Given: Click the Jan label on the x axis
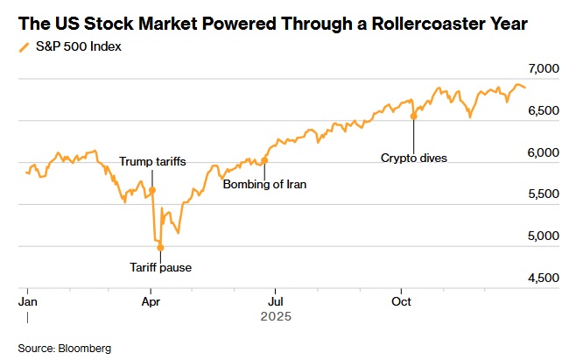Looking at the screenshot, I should pyautogui.click(x=28, y=301).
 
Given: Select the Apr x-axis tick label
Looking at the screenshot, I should pyautogui.click(x=151, y=301).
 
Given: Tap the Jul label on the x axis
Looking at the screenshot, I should pyautogui.click(x=275, y=301).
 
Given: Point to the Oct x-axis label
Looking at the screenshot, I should pyautogui.click(x=401, y=301).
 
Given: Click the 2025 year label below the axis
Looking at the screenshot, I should pyautogui.click(x=275, y=315).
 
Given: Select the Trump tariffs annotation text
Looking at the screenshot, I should pyautogui.click(x=152, y=162).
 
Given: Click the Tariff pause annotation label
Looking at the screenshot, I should pyautogui.click(x=161, y=267).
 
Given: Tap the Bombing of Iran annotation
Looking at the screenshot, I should pyautogui.click(x=265, y=185).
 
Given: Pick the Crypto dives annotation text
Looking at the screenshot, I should pyautogui.click(x=413, y=159).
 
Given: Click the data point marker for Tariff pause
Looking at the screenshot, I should pyautogui.click(x=160, y=248).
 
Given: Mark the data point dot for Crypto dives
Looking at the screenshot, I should pyautogui.click(x=413, y=116).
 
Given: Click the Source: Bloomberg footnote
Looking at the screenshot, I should pyautogui.click(x=65, y=348).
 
